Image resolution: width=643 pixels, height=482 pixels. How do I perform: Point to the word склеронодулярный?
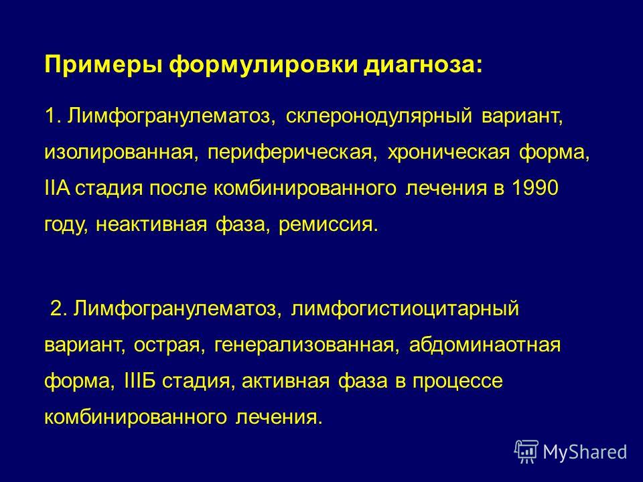point(379,116)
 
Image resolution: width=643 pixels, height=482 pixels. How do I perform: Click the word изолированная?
point(119,153)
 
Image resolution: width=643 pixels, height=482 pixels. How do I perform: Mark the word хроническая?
point(449,153)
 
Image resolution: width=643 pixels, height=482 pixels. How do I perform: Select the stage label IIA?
point(57,188)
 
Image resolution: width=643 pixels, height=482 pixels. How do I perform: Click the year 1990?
point(534,188)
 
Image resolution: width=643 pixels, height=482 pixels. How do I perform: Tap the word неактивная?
point(151,225)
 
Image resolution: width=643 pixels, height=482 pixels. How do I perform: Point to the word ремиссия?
point(326,225)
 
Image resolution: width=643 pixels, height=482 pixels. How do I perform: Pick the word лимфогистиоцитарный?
point(405,309)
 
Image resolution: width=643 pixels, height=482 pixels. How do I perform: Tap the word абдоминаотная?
point(484,345)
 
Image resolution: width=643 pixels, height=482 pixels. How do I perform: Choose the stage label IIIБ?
point(139,381)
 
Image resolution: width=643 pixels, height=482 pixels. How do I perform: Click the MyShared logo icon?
point(526,451)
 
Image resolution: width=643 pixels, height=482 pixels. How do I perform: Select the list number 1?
point(50,116)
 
